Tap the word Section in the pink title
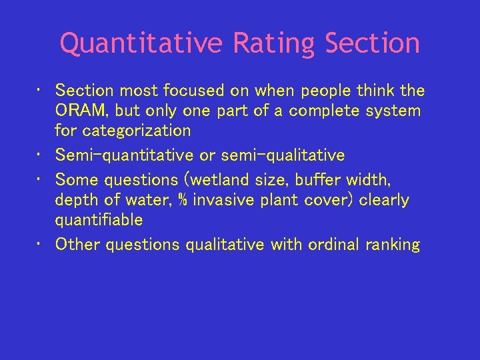coord(373,44)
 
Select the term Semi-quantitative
coord(125,155)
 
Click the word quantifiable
coord(99,220)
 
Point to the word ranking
coord(393,245)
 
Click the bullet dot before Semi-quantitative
coord(41,155)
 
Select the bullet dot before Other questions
coord(41,245)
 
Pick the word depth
coord(75,200)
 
